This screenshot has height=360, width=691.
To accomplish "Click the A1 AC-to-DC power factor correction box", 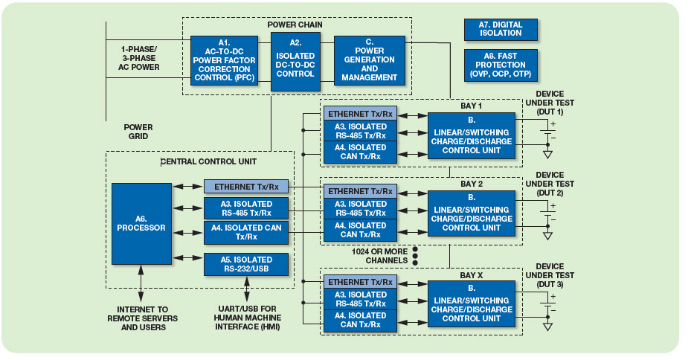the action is point(225,60).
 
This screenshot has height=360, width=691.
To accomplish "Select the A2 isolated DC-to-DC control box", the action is point(295,62).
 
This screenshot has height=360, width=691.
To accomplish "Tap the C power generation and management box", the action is point(369,60).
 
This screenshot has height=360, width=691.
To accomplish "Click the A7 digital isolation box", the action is point(501,30).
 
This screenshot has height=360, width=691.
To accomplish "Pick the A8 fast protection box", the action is point(501,65).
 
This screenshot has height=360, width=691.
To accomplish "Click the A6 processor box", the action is point(141,224).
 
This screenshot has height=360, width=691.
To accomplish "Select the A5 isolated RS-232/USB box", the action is point(246,264).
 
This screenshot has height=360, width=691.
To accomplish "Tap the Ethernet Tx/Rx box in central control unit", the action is point(246,187).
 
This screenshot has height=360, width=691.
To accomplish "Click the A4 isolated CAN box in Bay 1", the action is point(361,152).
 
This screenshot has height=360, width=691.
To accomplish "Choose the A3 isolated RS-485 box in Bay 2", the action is point(361,208).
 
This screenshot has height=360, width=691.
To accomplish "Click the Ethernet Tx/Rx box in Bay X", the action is point(361,282).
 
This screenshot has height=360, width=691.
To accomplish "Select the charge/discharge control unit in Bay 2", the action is point(472,213).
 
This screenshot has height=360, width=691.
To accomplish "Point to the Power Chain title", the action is point(295,25).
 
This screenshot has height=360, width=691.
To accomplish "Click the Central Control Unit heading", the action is point(208,161).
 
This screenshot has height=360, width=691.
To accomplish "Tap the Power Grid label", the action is point(138,132).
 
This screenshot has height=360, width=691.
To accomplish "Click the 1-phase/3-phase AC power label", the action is point(139,58).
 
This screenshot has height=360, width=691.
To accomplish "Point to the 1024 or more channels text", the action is point(379,256).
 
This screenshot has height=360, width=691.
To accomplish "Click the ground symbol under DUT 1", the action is point(547,155).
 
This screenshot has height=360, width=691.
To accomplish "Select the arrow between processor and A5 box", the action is point(187,258).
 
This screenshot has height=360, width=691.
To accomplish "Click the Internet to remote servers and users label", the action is point(142,318).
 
